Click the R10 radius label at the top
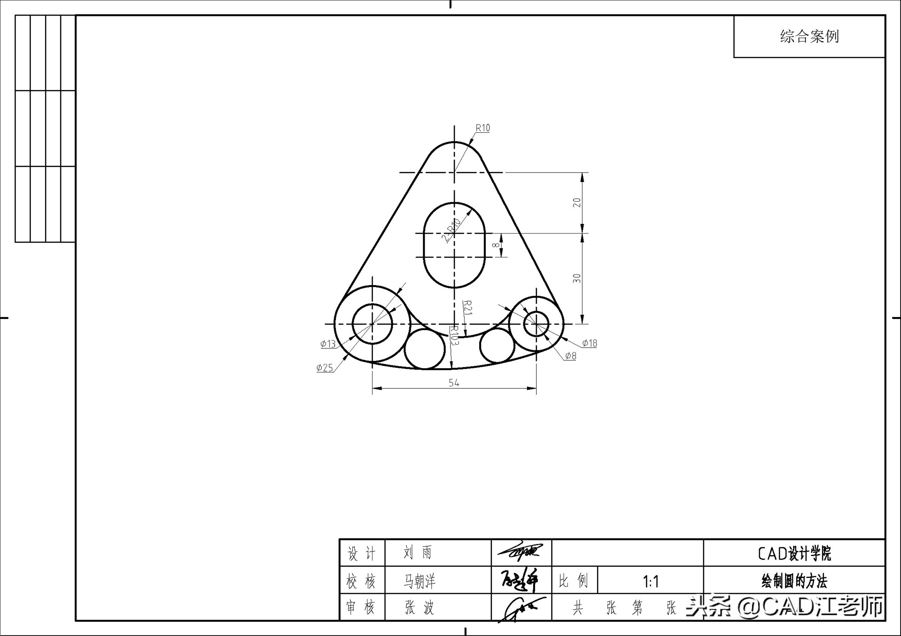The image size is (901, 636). pyautogui.click(x=482, y=128)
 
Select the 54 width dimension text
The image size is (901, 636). pyautogui.click(x=454, y=383)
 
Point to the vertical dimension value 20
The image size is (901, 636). pyautogui.click(x=577, y=203)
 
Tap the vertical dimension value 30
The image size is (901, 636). pyautogui.click(x=577, y=279)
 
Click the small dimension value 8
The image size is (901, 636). pyautogui.click(x=495, y=245)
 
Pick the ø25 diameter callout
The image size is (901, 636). pyautogui.click(x=325, y=368)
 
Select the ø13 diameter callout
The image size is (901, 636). pyautogui.click(x=328, y=344)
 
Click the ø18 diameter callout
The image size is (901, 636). pyautogui.click(x=589, y=343)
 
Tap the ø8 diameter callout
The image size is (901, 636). pyautogui.click(x=570, y=356)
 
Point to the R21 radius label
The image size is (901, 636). pyautogui.click(x=468, y=308)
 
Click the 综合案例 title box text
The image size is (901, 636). pyautogui.click(x=809, y=37)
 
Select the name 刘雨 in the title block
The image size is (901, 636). pyautogui.click(x=417, y=553)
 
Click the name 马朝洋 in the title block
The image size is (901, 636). pyautogui.click(x=420, y=582)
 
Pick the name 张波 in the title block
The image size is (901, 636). pyautogui.click(x=420, y=608)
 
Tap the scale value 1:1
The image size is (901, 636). pyautogui.click(x=650, y=582)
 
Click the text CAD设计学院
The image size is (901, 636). pyautogui.click(x=794, y=553)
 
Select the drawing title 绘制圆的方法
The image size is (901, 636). pyautogui.click(x=794, y=582)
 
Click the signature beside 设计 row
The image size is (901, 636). pyautogui.click(x=520, y=553)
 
